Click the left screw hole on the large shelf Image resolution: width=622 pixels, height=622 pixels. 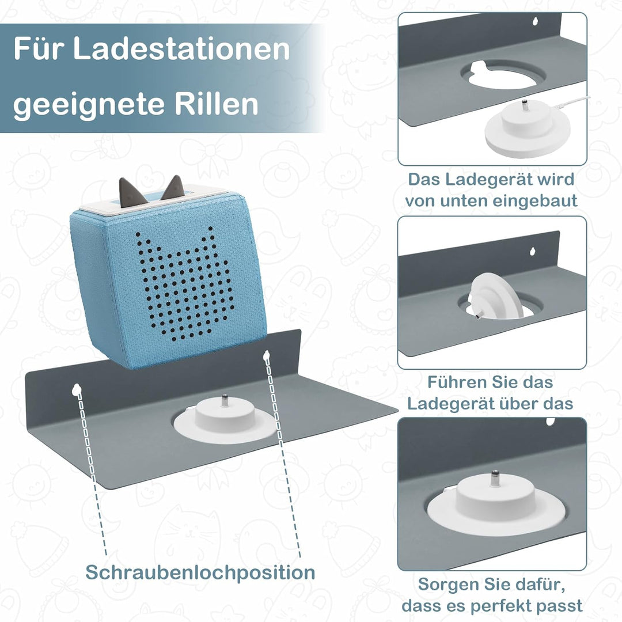tap(76, 390)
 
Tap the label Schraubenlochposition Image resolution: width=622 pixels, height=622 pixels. tap(200, 572)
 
